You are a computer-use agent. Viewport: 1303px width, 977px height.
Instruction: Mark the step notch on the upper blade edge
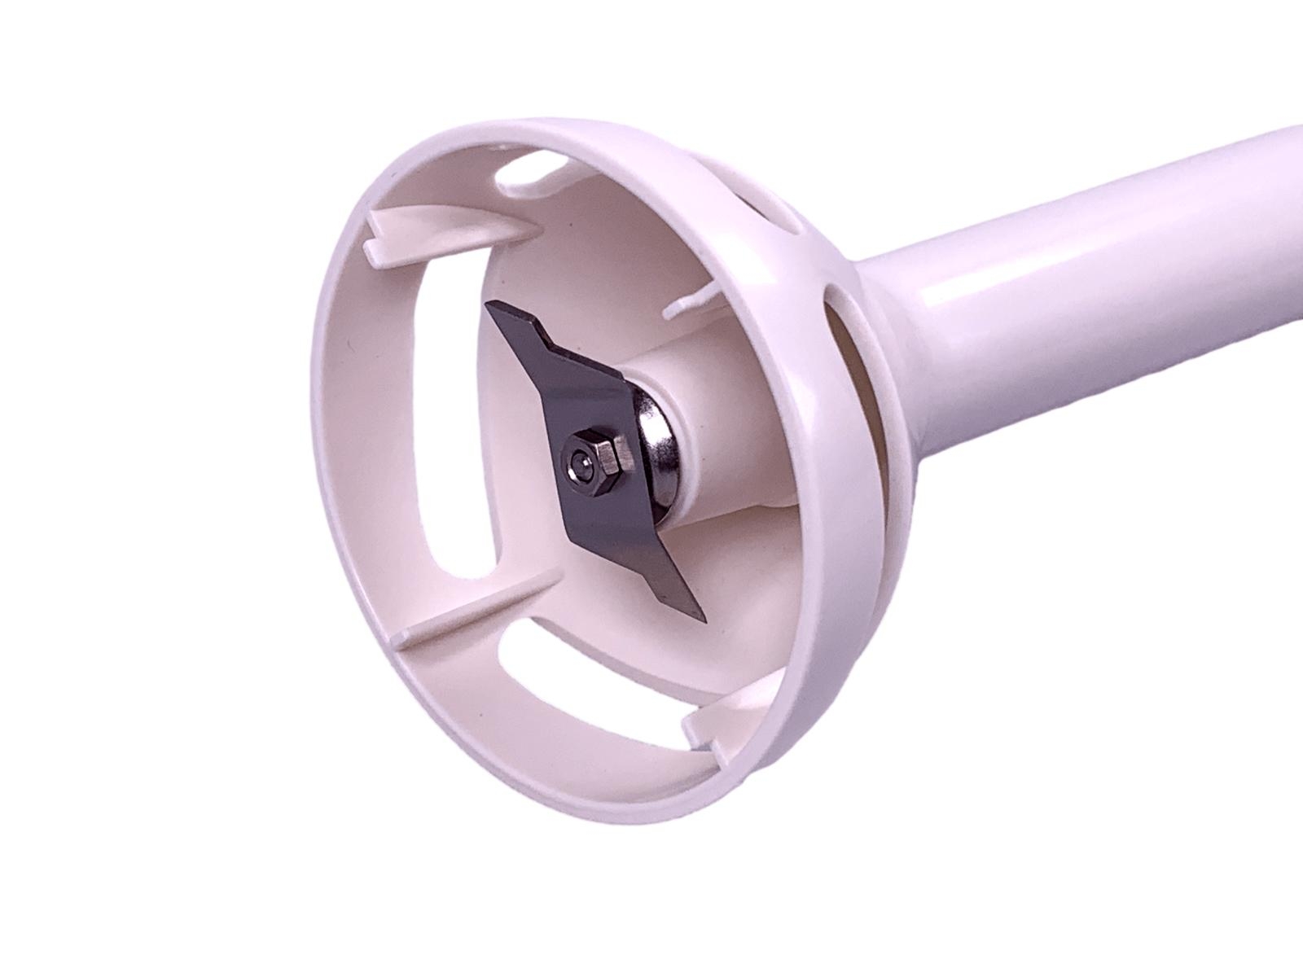point(547,335)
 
